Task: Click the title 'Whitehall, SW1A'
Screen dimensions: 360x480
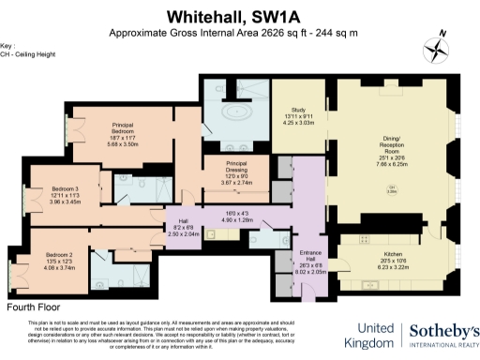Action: point(240,16)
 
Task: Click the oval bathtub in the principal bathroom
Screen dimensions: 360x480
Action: point(231,116)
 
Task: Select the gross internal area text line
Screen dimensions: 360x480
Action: point(240,33)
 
